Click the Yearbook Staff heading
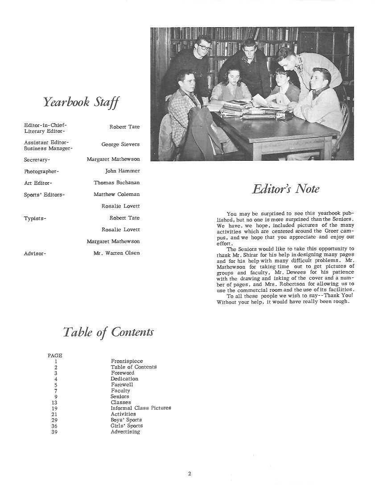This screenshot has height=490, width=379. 81,102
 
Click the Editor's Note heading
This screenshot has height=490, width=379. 285,189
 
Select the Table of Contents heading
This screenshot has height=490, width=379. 108,332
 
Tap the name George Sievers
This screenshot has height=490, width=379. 120,144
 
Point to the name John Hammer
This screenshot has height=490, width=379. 123,171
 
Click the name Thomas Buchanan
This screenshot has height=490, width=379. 117,183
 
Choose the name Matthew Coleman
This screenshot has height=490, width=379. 117,194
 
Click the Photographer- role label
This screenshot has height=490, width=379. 41,171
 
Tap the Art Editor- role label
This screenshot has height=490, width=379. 38,183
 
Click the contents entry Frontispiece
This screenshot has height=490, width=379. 127,361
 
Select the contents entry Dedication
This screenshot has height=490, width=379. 124,379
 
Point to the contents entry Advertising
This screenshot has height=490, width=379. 125,432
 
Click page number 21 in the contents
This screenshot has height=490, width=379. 55,414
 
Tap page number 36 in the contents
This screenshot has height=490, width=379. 55,426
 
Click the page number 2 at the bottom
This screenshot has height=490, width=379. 189,474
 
